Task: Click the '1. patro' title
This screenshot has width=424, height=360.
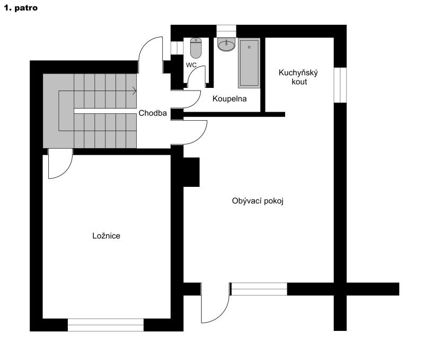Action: (x=21, y=8)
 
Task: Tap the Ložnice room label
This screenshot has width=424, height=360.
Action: (x=107, y=236)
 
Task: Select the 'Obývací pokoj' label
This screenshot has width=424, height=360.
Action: (x=258, y=201)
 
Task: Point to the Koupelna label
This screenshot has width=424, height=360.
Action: (x=229, y=99)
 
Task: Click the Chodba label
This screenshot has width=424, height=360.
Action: (x=153, y=113)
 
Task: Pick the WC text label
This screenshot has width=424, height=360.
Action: (x=191, y=65)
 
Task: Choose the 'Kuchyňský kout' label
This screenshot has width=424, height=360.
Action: (x=298, y=77)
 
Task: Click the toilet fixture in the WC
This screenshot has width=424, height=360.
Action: (x=196, y=48)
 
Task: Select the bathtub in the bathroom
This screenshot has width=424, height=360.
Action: (x=249, y=63)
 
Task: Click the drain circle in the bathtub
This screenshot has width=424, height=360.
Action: (x=249, y=47)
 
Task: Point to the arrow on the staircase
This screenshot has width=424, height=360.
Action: (x=135, y=91)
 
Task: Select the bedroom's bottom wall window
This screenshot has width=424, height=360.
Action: (x=105, y=325)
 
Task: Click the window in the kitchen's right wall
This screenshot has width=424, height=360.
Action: (x=340, y=85)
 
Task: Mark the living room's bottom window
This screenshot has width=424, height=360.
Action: (x=259, y=289)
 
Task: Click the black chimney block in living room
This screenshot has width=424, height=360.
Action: (x=191, y=172)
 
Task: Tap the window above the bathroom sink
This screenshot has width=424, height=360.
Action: (x=226, y=31)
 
